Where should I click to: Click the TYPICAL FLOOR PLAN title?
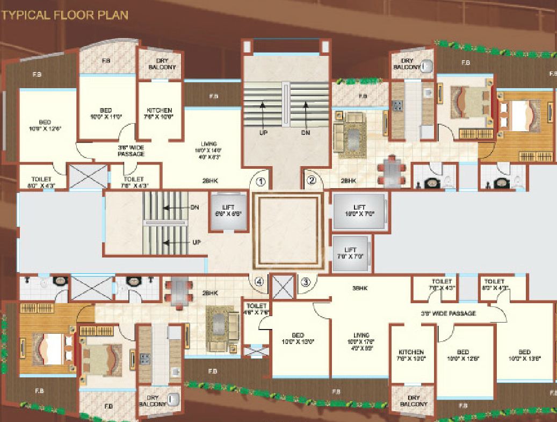coord(65,15)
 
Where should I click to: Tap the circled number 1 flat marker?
coord(261,181)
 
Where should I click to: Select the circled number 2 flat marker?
coord(311,181)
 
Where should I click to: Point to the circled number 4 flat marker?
coord(259,281)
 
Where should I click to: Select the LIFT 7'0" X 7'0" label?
coord(351,253)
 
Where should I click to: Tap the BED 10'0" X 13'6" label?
coord(524,355)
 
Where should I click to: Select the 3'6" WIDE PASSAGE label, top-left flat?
coord(131,150)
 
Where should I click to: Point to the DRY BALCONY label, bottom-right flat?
coord(413,400)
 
